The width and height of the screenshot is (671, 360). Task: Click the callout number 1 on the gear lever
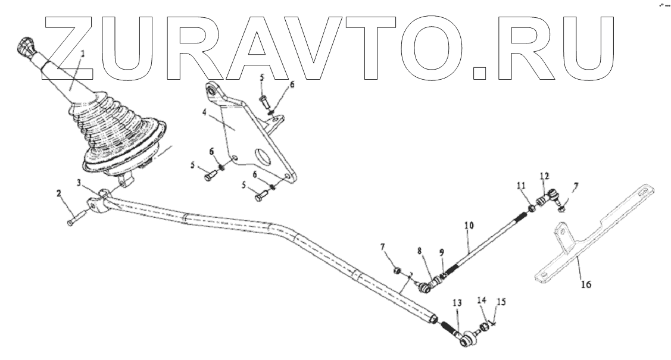(x=83, y=54)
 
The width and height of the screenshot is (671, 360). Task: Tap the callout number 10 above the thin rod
(x=469, y=227)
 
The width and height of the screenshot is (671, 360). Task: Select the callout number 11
(x=521, y=187)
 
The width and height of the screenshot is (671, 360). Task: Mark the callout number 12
(x=544, y=176)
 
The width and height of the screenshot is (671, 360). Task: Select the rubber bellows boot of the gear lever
(x=116, y=128)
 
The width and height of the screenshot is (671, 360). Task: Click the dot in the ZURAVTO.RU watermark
(x=481, y=73)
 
